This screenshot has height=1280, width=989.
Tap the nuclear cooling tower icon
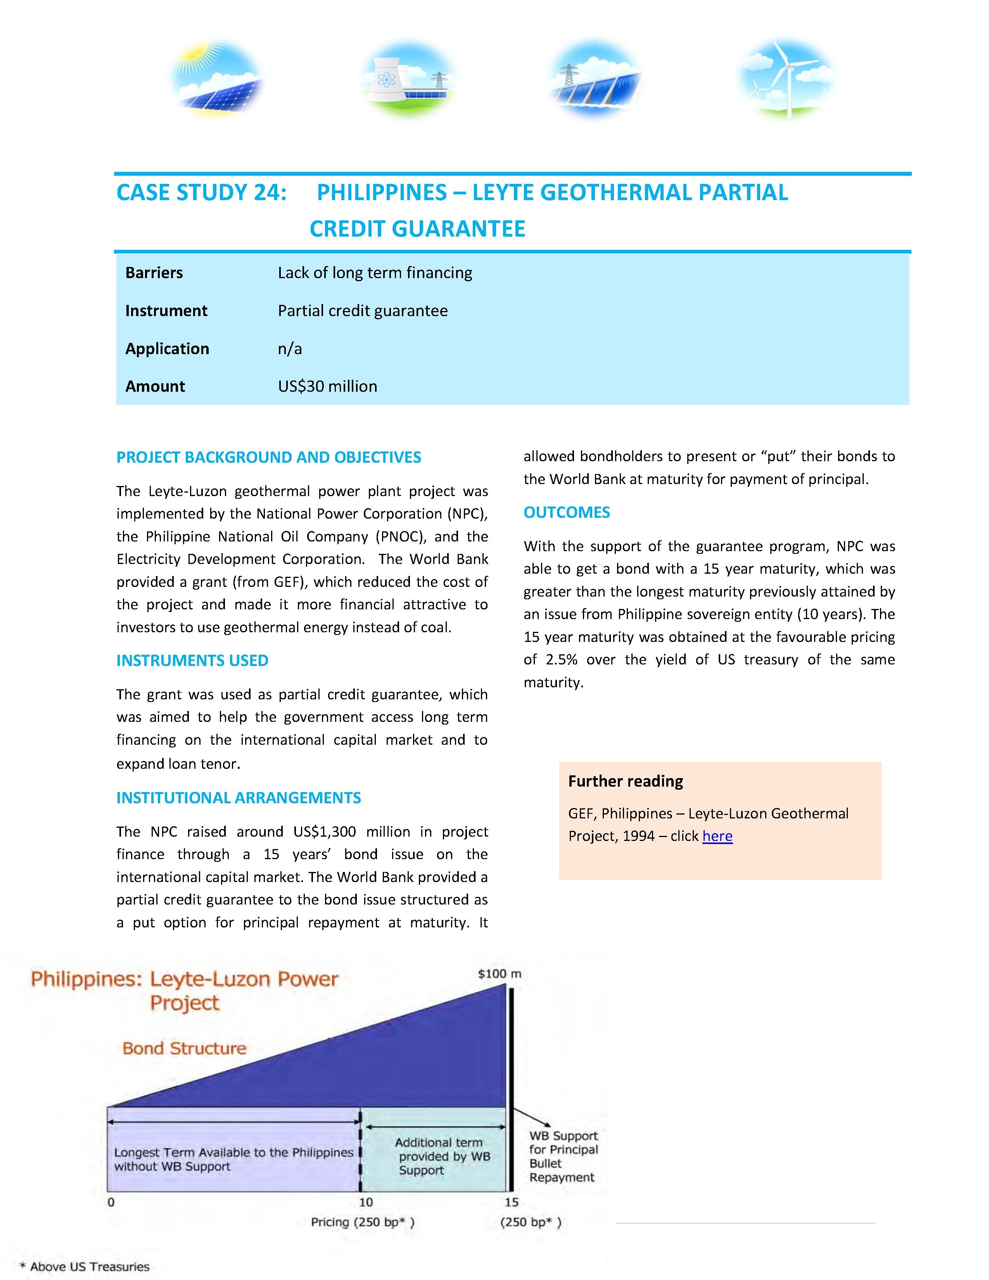[409, 80]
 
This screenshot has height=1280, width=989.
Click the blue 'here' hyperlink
[717, 836]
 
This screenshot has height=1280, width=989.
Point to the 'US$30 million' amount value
[327, 386]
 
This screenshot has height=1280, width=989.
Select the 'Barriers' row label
[154, 273]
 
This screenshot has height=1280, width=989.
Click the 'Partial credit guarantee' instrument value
[363, 311]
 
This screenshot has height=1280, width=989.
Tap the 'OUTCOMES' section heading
[567, 512]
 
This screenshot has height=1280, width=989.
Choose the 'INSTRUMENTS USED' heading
[192, 661]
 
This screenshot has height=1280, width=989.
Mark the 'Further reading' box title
[626, 781]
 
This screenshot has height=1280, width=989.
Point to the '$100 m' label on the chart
[499, 974]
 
